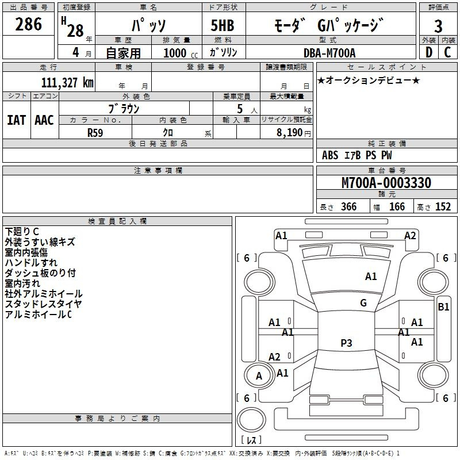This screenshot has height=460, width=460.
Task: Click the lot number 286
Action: pyautogui.click(x=29, y=24)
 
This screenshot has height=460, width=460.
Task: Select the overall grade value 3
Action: pyautogui.click(x=438, y=26)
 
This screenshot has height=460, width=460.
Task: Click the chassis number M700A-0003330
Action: pyautogui.click(x=386, y=183)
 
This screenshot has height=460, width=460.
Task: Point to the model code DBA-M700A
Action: pyautogui.click(x=329, y=53)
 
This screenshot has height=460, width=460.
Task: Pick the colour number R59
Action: pyautogui.click(x=95, y=132)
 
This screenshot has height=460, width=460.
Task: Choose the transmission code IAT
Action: pyautogui.click(x=16, y=120)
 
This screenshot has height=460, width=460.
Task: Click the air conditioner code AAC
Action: pyautogui.click(x=44, y=120)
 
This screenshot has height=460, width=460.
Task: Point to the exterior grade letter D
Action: pyautogui.click(x=428, y=52)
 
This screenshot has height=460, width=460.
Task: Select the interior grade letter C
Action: pyautogui.click(x=447, y=52)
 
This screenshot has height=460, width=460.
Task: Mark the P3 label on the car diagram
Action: pyautogui.click(x=346, y=343)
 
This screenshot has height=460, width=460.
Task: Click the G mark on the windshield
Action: pyautogui.click(x=363, y=303)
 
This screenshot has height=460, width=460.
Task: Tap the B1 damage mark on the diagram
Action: pyautogui.click(x=443, y=307)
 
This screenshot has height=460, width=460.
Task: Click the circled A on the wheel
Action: pyautogui.click(x=259, y=376)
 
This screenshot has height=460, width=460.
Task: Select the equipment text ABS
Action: pyautogui.click(x=330, y=155)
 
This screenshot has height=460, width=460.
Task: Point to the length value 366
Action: pyautogui.click(x=348, y=207)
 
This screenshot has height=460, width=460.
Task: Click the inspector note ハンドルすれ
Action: pyautogui.click(x=31, y=263)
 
